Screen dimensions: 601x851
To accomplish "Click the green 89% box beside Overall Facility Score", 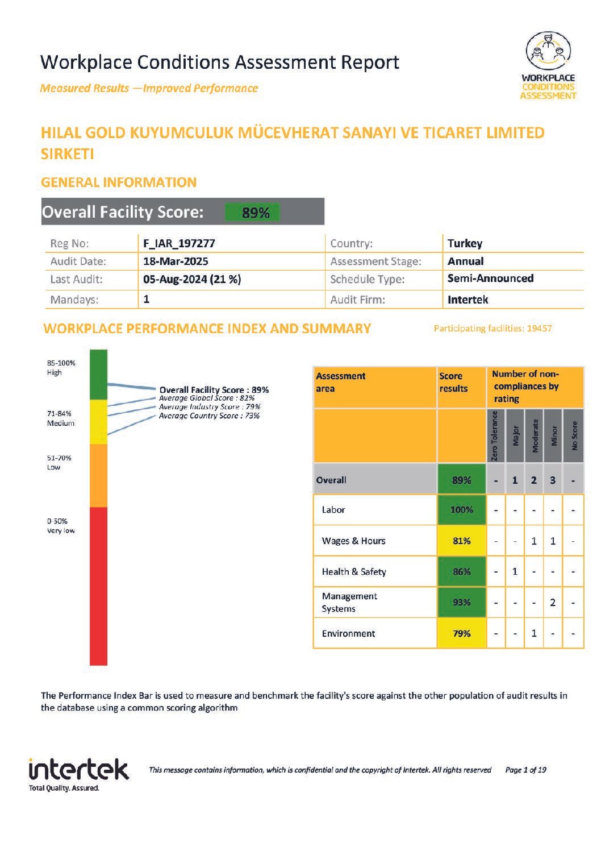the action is click(252, 212).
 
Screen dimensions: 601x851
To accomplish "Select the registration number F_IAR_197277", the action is click(179, 243).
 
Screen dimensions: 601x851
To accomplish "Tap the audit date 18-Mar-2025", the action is click(176, 261).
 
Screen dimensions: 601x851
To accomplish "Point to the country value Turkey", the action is click(465, 243).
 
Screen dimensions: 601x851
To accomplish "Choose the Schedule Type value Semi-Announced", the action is click(490, 279).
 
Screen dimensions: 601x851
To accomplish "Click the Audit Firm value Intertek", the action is click(468, 300).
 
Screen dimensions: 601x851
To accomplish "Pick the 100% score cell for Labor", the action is click(461, 509).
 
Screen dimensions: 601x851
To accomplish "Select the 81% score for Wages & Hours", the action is click(461, 541).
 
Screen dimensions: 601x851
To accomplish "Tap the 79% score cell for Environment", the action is click(461, 633).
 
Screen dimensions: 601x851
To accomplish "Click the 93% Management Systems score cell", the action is click(461, 602).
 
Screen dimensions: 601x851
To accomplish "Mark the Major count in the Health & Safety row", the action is click(515, 571).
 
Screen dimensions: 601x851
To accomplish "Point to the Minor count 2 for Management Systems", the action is click(553, 602).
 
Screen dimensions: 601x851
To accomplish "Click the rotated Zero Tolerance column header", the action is click(495, 435).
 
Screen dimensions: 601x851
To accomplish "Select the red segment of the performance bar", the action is click(98, 586).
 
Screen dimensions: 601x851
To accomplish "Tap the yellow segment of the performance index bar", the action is click(98, 422).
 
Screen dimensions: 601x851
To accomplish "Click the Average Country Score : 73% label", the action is click(209, 416).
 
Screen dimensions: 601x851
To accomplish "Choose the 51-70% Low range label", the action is click(59, 462).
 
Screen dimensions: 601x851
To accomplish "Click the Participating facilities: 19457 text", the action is click(493, 328).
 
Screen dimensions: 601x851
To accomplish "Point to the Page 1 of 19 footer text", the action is click(525, 770).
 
